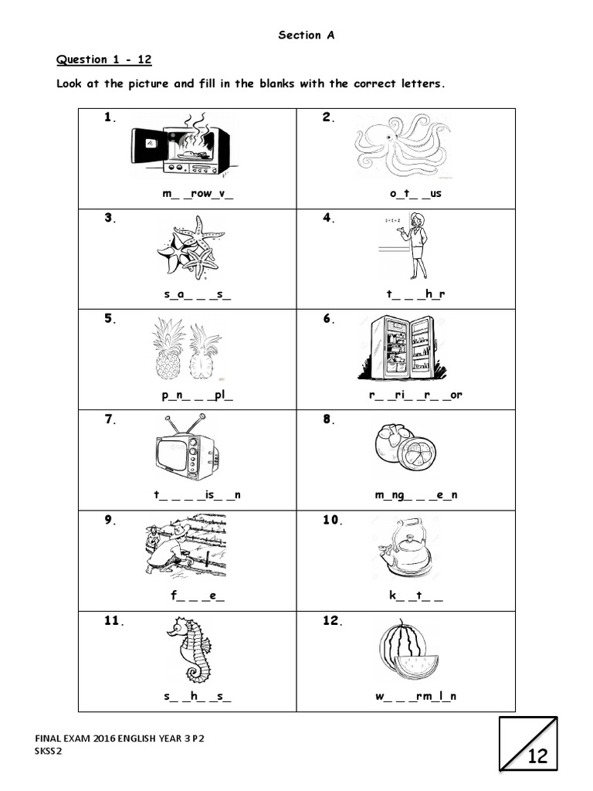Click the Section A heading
click(x=306, y=35)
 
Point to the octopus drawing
click(x=402, y=147)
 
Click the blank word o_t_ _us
click(x=415, y=193)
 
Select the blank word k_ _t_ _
click(x=415, y=596)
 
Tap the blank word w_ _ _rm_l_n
click(x=416, y=696)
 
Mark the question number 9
click(x=110, y=520)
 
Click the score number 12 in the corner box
click(x=537, y=756)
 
